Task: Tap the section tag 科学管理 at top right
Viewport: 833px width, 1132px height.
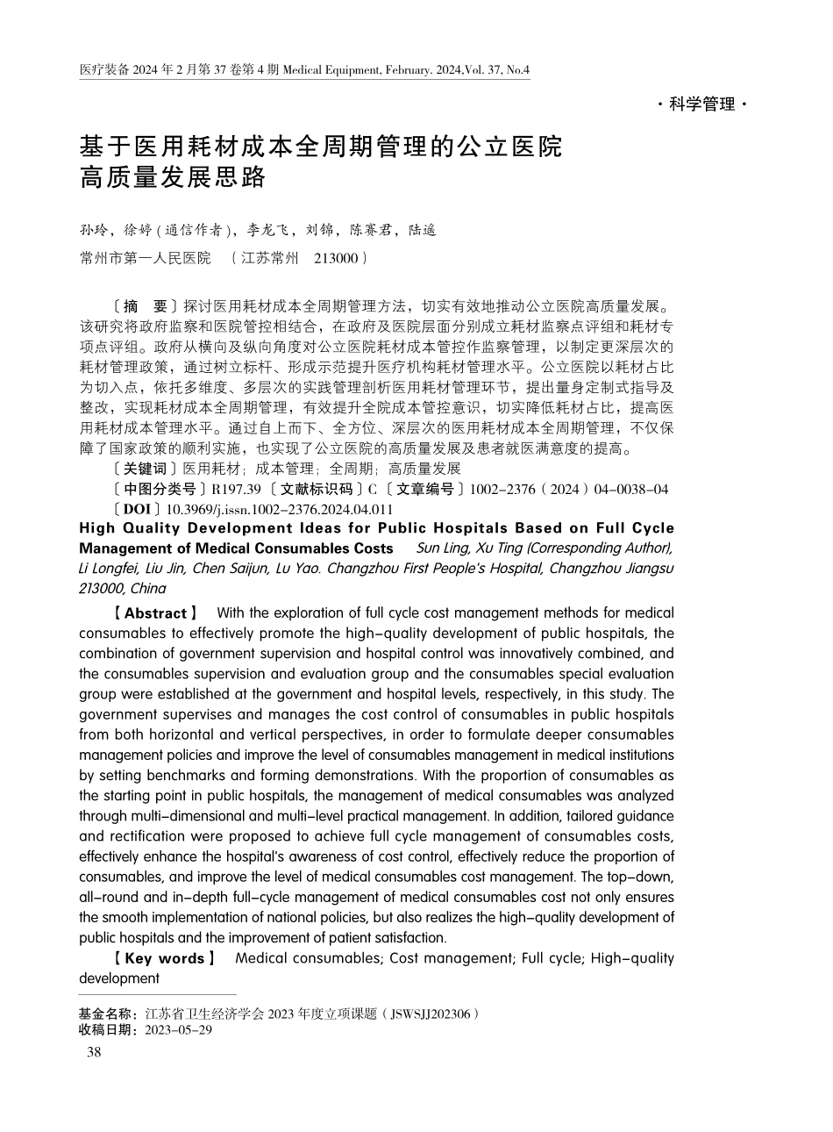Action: [x=701, y=104]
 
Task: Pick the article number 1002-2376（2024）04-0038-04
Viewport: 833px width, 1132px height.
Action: [x=569, y=489]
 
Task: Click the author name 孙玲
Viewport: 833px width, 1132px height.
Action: [x=93, y=231]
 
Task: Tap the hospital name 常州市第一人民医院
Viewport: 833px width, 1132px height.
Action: [x=145, y=258]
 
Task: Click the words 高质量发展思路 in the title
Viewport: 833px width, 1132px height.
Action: [x=172, y=177]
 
